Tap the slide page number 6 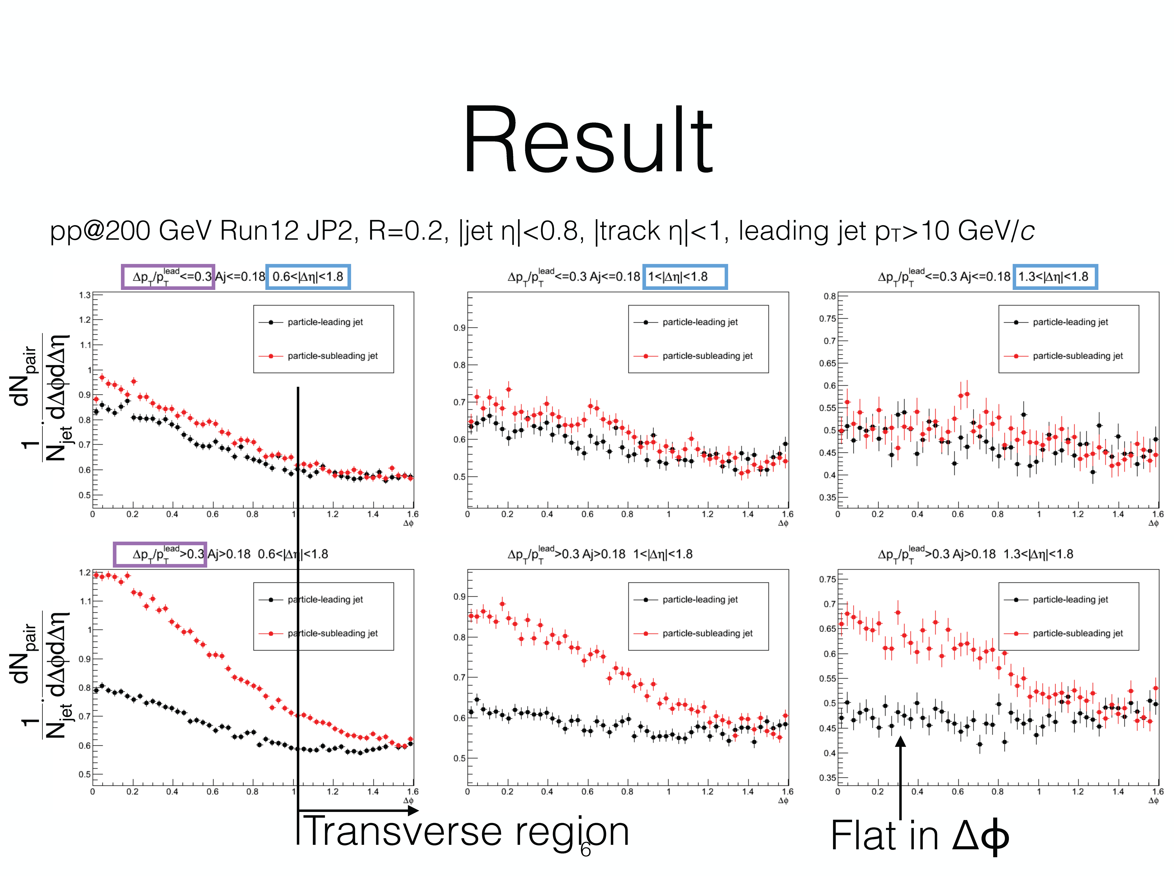pyautogui.click(x=585, y=849)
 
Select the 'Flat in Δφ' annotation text pyautogui.click(x=919, y=836)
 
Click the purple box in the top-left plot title pyautogui.click(x=168, y=277)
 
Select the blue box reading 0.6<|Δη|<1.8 pyautogui.click(x=308, y=277)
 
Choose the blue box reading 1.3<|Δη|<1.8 pyautogui.click(x=1055, y=277)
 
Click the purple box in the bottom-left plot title pyautogui.click(x=160, y=554)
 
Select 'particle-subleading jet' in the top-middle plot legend pyautogui.click(x=707, y=356)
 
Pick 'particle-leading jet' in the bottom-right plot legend pyautogui.click(x=1070, y=599)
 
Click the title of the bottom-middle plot pyautogui.click(x=600, y=554)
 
